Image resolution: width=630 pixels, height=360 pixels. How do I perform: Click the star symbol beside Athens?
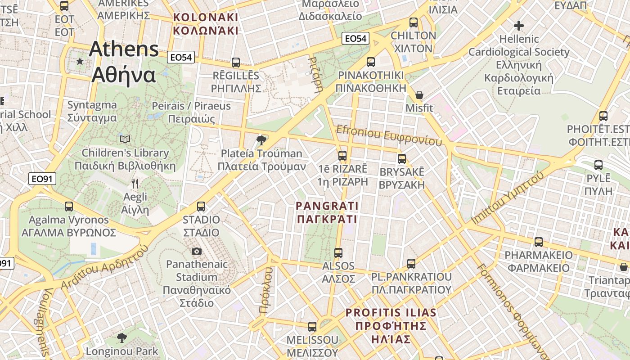80,61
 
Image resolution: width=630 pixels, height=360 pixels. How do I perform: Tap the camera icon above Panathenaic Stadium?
197,251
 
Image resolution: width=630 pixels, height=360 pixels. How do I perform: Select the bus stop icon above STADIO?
201,207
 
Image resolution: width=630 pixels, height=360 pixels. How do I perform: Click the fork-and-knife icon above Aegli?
135,183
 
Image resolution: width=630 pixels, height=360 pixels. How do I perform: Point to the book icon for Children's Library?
125,139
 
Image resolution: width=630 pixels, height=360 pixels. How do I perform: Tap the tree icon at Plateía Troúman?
261,140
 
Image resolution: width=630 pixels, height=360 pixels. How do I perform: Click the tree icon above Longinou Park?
121,337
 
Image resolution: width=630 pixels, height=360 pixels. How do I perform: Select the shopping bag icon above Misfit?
419,94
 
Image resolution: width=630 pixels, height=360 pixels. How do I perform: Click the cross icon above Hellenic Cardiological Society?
519,25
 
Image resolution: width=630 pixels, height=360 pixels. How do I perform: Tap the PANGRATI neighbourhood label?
327,212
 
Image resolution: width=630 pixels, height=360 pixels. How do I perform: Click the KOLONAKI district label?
206,24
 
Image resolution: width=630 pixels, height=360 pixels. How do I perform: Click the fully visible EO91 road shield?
42,179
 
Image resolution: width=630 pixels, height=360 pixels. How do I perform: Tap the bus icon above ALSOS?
338,253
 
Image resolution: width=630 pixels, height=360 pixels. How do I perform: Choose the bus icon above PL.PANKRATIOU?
411,263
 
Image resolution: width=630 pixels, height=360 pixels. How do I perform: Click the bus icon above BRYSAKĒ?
402,159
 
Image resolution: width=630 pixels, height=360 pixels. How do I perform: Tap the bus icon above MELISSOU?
312,327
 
